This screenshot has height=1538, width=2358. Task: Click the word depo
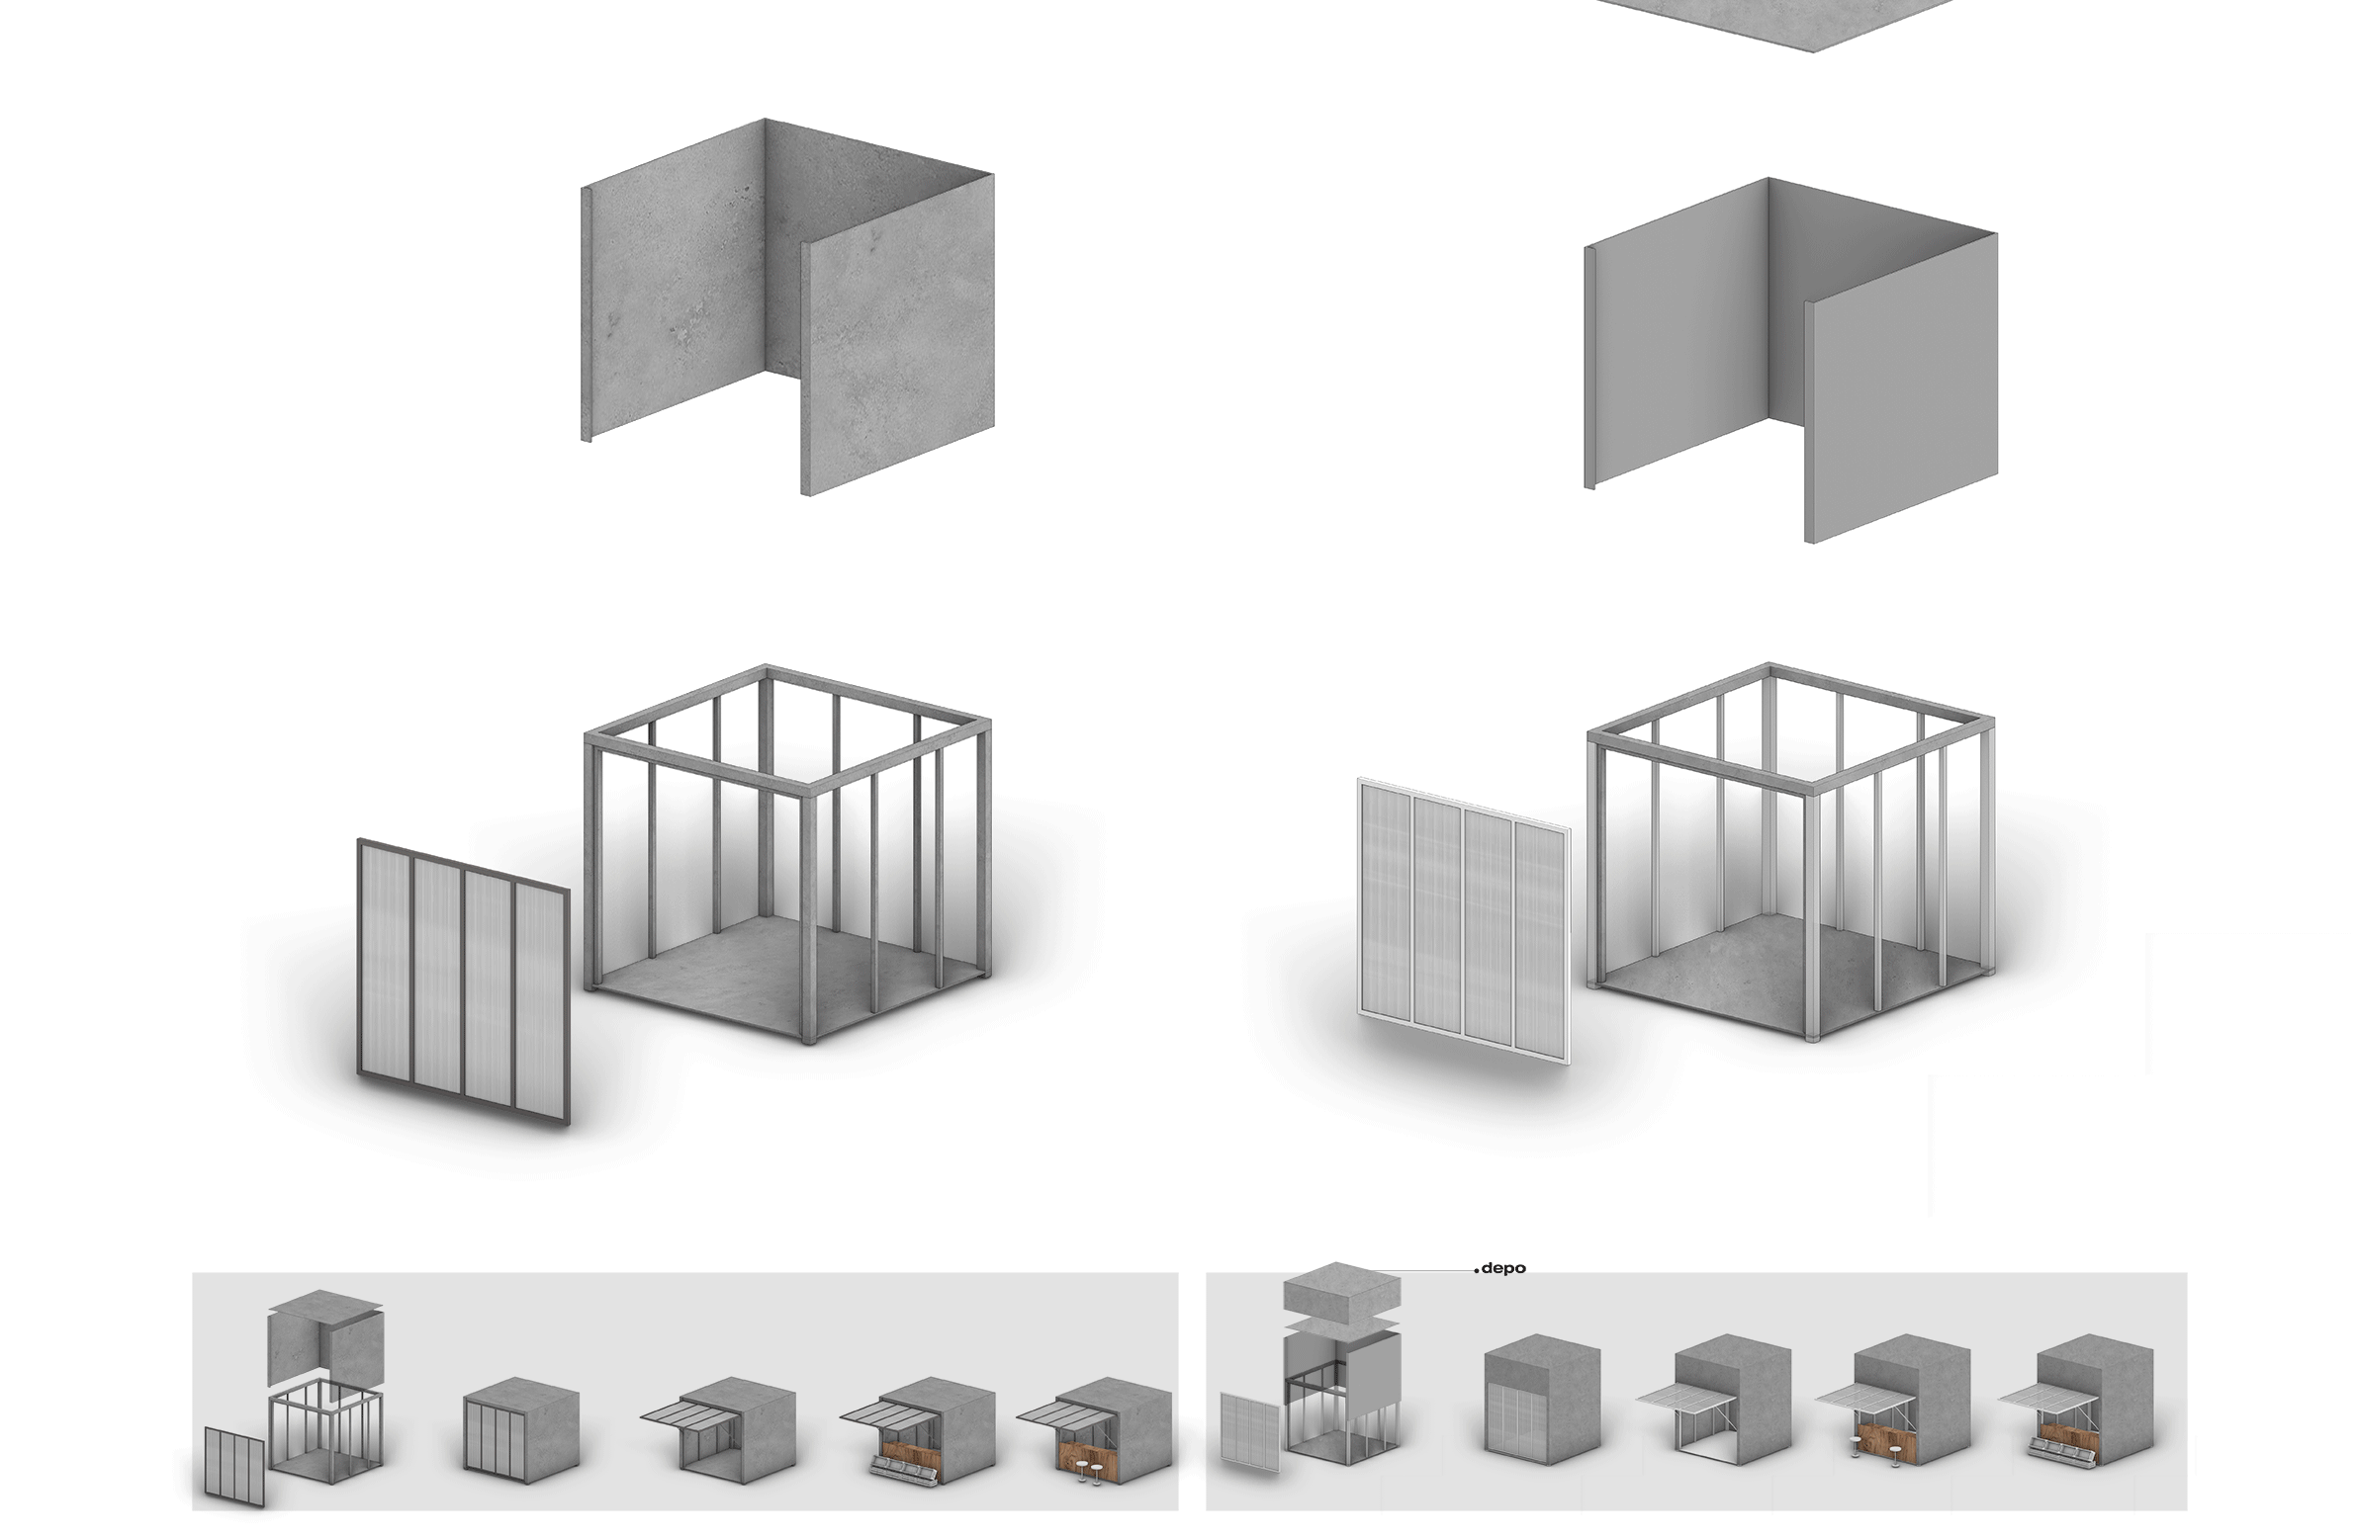(x=1503, y=1268)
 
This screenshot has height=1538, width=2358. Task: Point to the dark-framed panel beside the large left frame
(x=464, y=982)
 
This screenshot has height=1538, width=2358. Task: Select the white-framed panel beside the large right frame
(x=1463, y=920)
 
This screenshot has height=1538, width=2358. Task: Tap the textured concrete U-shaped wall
(x=787, y=307)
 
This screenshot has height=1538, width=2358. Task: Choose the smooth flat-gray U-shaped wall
(x=1791, y=361)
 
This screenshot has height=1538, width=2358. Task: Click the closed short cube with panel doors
(x=521, y=1429)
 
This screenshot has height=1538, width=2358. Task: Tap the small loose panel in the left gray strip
(x=234, y=1467)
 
